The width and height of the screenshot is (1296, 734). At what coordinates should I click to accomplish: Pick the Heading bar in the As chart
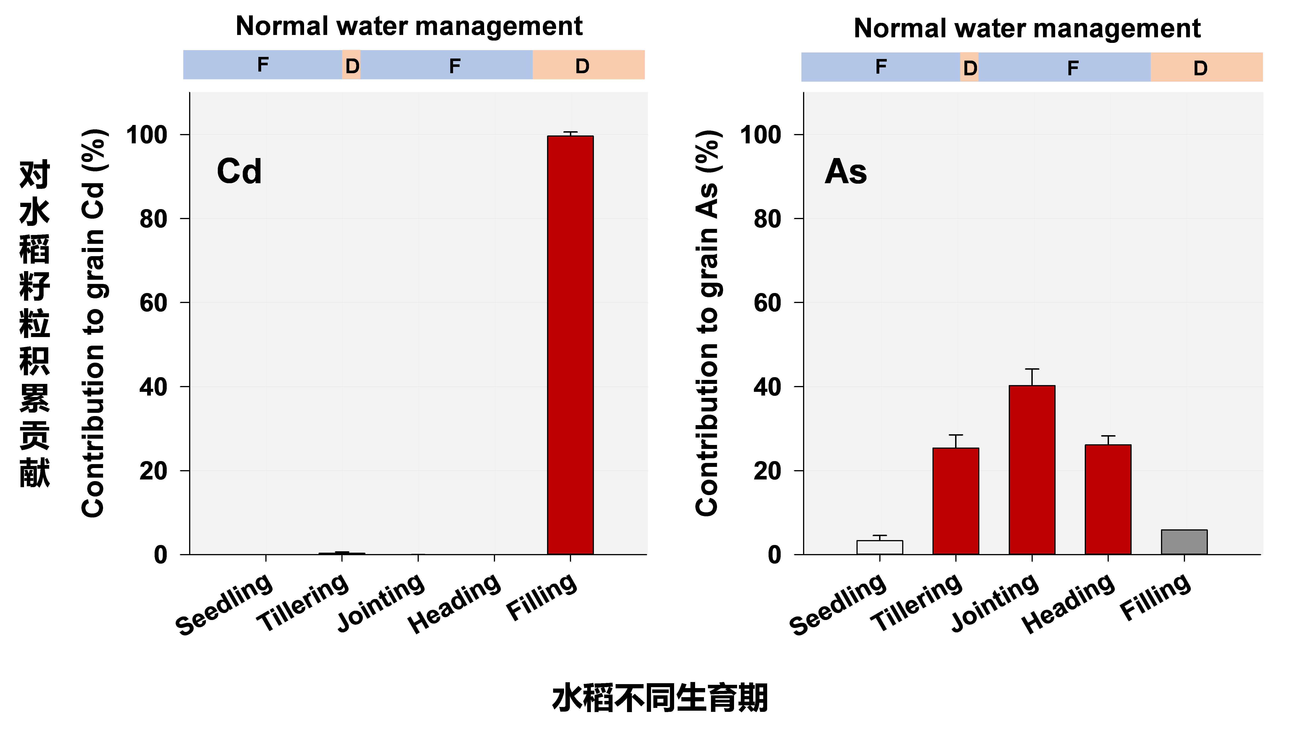pos(1108,499)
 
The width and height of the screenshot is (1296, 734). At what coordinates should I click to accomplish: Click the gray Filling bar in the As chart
pos(1184,542)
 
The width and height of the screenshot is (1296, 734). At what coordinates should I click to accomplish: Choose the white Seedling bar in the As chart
pos(880,547)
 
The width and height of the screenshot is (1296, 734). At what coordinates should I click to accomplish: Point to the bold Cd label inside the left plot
pos(239,171)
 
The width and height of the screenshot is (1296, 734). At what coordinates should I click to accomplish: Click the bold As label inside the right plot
pos(846,171)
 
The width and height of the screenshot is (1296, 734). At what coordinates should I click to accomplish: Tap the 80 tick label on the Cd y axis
pos(153,219)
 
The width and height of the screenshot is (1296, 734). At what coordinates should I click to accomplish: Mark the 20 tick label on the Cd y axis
pos(153,471)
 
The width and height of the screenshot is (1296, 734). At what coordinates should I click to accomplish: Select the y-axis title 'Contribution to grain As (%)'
pos(707,323)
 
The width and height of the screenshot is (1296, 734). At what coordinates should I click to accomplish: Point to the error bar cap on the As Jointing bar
pos(1032,369)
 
